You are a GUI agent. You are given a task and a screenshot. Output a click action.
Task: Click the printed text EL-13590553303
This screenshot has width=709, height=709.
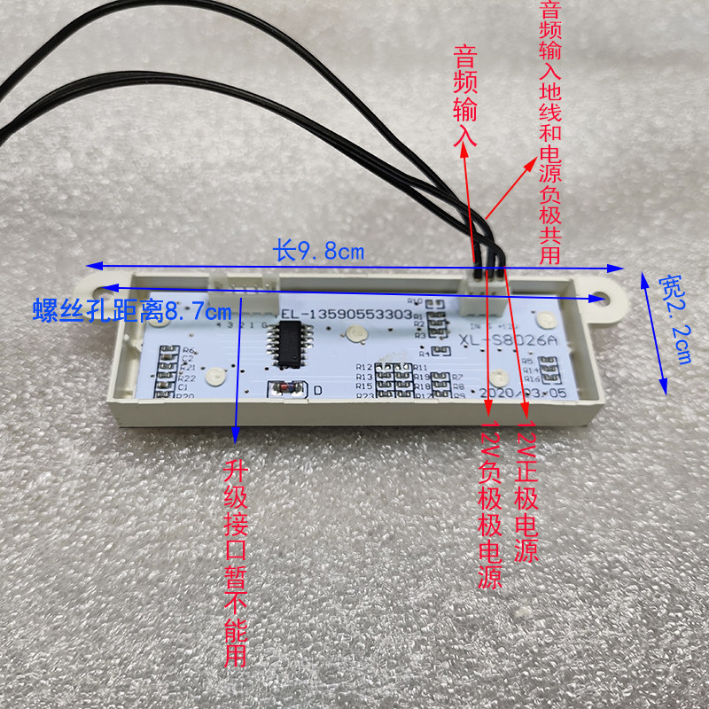pos(346,314)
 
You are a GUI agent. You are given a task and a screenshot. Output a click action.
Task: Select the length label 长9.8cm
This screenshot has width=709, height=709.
pos(318,252)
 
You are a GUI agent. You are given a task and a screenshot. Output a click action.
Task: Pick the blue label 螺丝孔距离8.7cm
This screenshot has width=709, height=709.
pos(131,311)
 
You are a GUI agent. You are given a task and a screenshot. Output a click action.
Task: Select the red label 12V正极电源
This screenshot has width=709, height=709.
pos(526,493)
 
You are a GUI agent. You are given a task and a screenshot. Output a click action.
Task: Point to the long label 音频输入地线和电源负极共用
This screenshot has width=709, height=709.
pos(549,133)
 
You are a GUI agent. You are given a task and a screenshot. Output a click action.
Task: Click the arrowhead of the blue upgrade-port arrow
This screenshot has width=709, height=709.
pos(235,433)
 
